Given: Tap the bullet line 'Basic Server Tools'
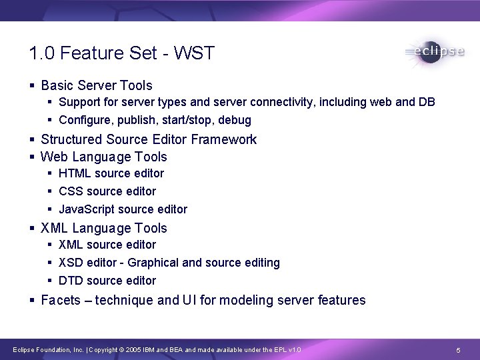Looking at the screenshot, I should point(96,85).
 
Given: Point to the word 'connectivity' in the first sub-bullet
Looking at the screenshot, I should point(282,102).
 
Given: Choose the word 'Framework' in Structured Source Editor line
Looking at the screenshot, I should point(224,139).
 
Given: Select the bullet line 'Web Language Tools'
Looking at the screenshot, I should point(103,157).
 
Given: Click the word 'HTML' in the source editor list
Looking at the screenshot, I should point(75,173).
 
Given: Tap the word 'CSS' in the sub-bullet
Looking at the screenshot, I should point(71,191).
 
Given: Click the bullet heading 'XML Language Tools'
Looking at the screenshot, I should point(103,228).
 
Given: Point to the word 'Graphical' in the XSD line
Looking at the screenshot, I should point(153,263).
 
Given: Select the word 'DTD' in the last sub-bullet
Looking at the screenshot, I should point(71,281).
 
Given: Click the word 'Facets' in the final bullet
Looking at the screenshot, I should point(60,300).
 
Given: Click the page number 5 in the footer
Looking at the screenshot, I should point(458,350).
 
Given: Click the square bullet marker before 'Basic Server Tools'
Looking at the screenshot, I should point(33,86).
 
